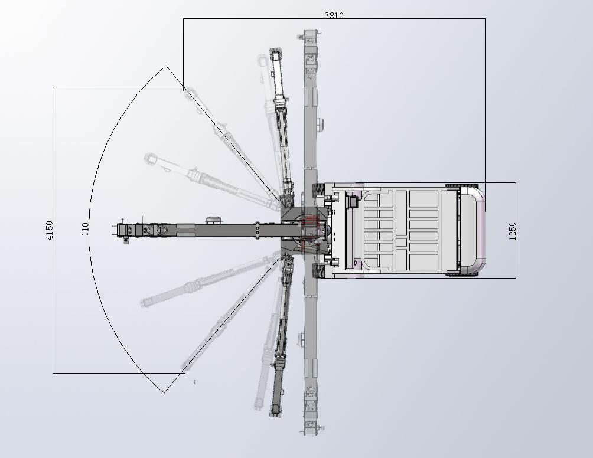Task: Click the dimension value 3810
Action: pyautogui.click(x=334, y=15)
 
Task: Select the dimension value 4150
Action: pyautogui.click(x=49, y=230)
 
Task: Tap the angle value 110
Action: pyautogui.click(x=85, y=229)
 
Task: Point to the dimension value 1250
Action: pyautogui.click(x=512, y=231)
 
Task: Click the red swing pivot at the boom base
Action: pyautogui.click(x=310, y=230)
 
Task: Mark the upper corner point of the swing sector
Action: pyautogui.click(x=166, y=66)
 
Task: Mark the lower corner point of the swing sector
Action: pyautogui.click(x=164, y=393)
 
